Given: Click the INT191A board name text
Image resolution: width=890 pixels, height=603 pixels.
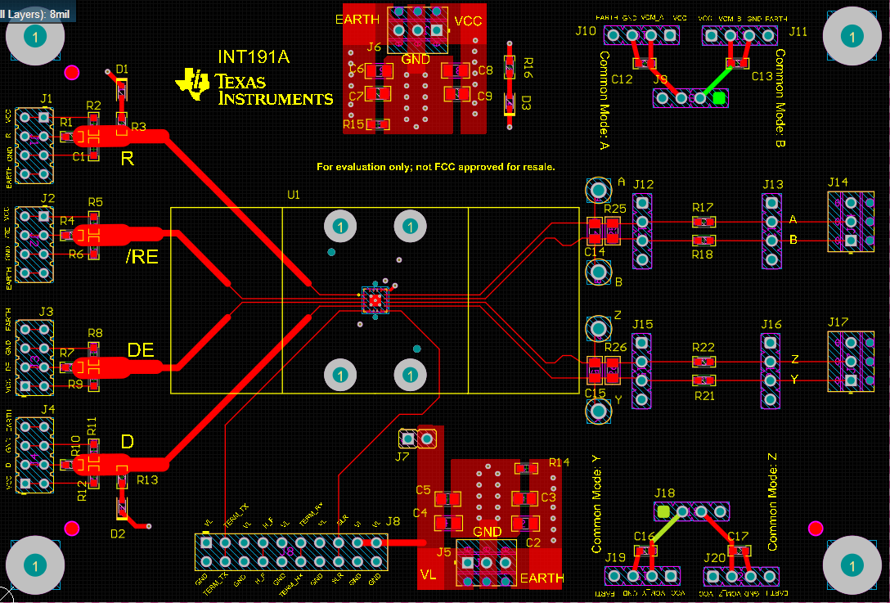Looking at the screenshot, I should coord(254,57).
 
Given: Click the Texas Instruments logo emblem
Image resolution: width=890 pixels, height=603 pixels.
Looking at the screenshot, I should coord(195,84).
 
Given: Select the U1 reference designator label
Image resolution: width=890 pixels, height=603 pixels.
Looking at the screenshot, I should coord(293,196).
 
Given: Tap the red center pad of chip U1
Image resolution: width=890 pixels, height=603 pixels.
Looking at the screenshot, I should coord(375,300).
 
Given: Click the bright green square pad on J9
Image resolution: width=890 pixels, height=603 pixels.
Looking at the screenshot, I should coord(719,98).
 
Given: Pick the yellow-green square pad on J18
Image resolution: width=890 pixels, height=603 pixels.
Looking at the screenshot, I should coord(663,512).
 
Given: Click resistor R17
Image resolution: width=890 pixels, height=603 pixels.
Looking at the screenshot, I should coord(702,222).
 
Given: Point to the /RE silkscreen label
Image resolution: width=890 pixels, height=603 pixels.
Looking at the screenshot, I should coord(142,258).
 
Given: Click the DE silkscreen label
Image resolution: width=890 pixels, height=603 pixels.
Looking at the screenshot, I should coord(141,350).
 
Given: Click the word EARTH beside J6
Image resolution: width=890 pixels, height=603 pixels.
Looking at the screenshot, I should coord(357,19).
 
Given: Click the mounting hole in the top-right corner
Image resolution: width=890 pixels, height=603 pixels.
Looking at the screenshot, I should coord(851,37).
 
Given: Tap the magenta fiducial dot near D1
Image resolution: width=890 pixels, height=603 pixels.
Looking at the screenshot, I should coord(72,73).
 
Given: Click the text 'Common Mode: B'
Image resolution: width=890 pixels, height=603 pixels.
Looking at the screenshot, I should coord(780,98).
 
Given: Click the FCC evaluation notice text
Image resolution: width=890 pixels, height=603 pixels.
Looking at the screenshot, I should coord(436,167).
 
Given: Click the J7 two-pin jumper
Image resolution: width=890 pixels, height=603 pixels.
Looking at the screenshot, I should coord(416,439).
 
